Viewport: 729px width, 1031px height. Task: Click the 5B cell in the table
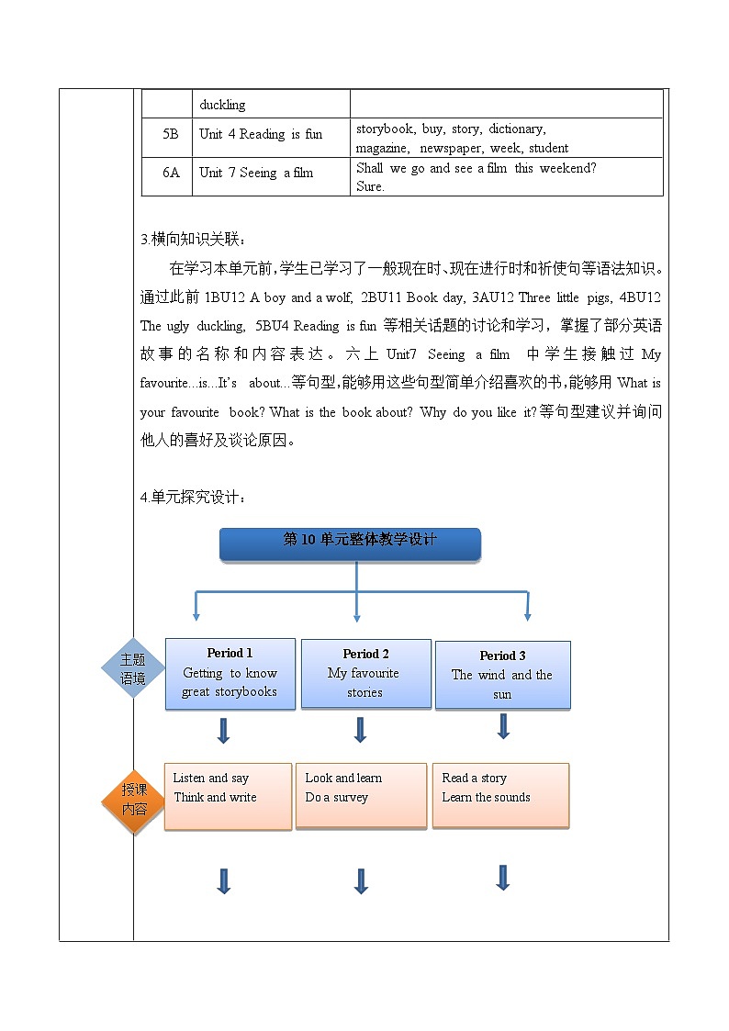click(171, 134)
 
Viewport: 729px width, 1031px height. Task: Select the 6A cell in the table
click(171, 173)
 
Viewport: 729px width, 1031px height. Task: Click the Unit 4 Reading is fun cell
click(261, 134)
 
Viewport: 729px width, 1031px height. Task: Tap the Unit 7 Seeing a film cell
click(256, 173)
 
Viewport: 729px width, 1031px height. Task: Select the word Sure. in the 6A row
click(370, 186)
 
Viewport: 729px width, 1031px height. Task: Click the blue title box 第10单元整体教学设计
click(350, 544)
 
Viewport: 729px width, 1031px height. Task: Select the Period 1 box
click(230, 673)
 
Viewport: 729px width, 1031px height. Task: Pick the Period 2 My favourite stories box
click(365, 673)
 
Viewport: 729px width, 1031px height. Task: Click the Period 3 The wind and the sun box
click(502, 675)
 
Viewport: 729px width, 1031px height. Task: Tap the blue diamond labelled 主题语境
click(133, 668)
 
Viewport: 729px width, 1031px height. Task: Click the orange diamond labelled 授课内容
click(134, 801)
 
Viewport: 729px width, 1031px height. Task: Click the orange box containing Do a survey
click(360, 796)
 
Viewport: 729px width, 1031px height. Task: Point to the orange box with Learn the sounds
click(500, 795)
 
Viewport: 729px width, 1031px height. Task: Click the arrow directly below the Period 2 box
click(360, 730)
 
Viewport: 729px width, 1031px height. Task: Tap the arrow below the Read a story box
click(502, 878)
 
